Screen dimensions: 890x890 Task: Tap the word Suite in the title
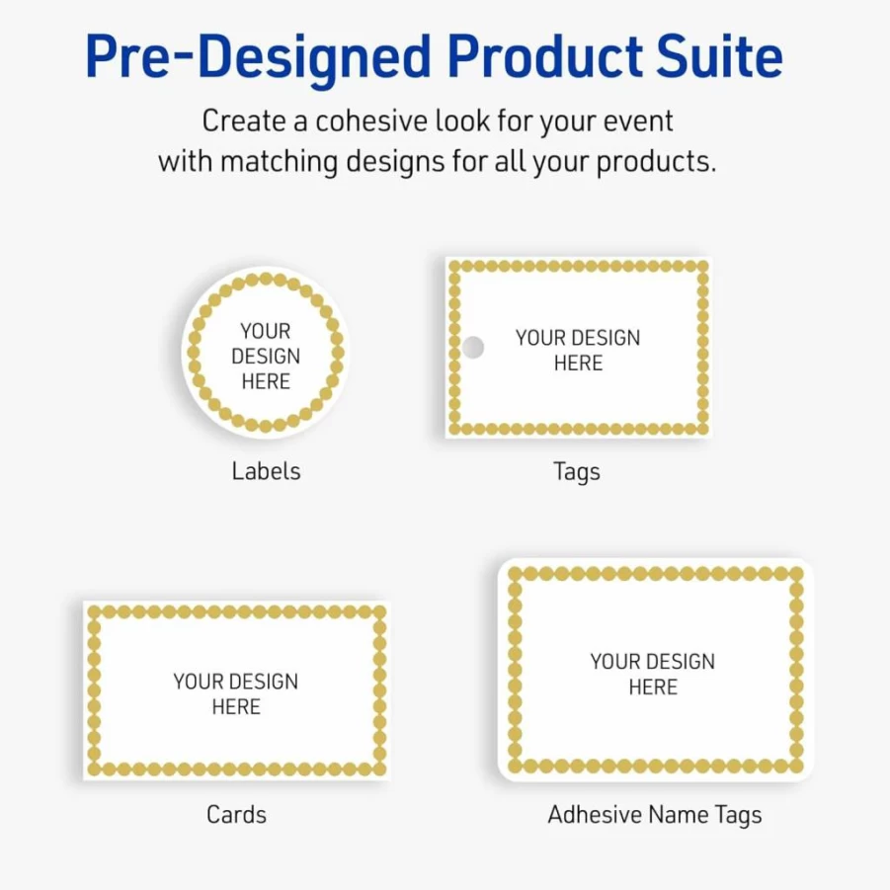[x=719, y=55]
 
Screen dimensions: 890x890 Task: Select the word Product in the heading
[x=544, y=55]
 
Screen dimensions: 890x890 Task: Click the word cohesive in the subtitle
[x=370, y=121]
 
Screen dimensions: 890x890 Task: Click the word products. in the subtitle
[x=656, y=163]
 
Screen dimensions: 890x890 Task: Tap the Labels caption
[x=266, y=471]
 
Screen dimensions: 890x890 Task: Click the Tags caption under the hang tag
[x=577, y=472]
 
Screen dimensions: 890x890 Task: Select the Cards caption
[x=237, y=815]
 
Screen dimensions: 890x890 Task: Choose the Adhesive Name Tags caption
[x=655, y=816]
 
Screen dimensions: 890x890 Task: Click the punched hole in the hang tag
[x=473, y=348]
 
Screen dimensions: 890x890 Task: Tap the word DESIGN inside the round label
[x=266, y=357]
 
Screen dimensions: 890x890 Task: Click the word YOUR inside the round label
[x=265, y=331]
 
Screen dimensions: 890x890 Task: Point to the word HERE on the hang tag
[x=578, y=364]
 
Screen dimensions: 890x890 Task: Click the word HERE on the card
[x=236, y=706]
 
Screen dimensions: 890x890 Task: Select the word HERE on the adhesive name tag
[x=653, y=688]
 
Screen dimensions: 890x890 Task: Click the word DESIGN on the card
[x=264, y=682]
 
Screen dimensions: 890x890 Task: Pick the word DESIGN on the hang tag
[x=607, y=338]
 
